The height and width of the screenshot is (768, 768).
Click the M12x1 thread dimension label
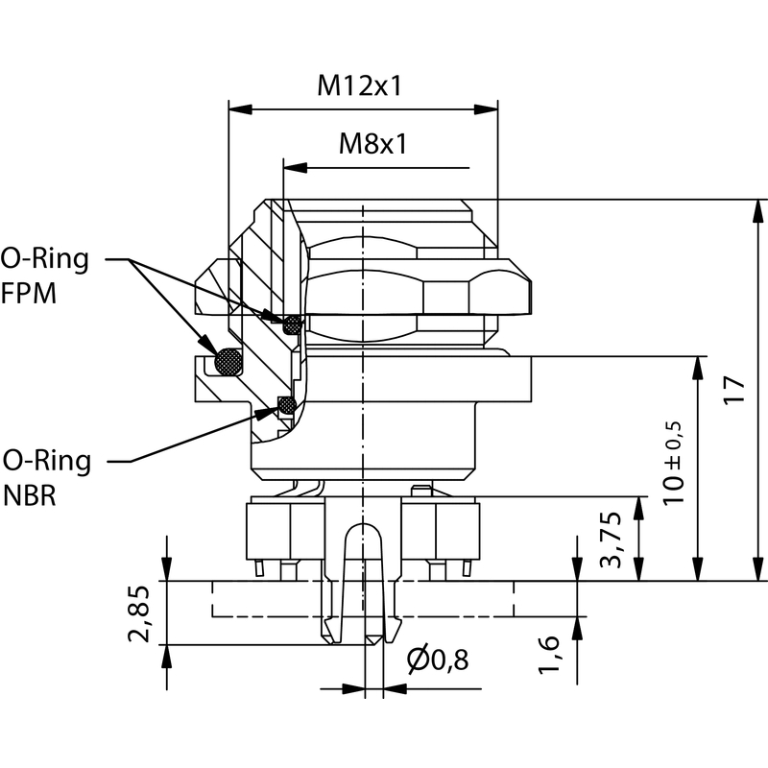[359, 86]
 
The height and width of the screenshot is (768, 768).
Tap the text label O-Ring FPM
[44, 276]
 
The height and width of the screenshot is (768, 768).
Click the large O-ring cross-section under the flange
[228, 361]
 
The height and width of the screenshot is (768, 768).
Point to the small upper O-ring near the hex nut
[291, 324]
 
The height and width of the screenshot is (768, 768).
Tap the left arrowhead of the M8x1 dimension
[292, 168]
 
